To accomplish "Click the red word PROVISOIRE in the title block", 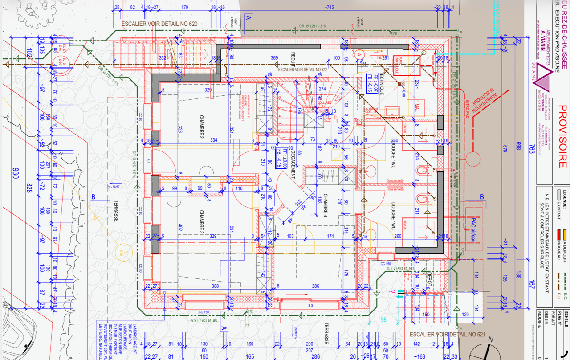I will tap(562, 136).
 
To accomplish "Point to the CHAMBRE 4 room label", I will tap(325, 205).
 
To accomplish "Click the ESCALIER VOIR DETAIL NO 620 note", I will tap(159, 24).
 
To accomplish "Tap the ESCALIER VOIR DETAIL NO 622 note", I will tap(302, 70).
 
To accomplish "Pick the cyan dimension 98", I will tap(383, 320).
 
